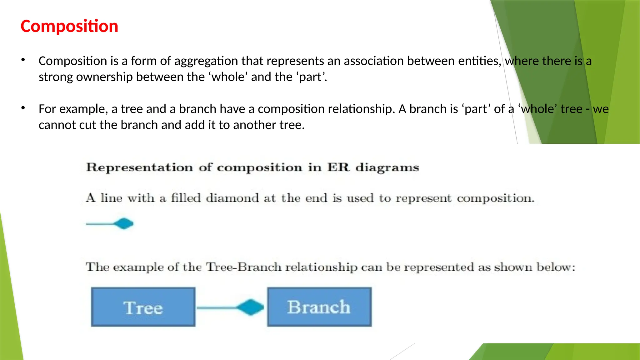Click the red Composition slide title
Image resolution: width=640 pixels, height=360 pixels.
69,26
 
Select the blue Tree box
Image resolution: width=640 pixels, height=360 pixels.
143,307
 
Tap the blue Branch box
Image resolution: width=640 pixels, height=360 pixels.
319,307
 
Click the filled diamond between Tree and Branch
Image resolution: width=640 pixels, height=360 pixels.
250,307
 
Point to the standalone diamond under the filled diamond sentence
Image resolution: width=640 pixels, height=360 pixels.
124,224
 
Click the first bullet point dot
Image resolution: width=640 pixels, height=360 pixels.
23,60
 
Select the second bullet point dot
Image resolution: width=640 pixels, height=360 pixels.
23,108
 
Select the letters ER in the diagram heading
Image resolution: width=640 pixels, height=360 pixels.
338,167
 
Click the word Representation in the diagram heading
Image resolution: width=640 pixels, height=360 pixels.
139,167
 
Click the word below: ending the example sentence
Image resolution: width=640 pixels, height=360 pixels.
556,267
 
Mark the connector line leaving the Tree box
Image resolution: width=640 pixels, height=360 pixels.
216,308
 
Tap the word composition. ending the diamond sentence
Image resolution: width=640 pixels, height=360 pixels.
496,198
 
